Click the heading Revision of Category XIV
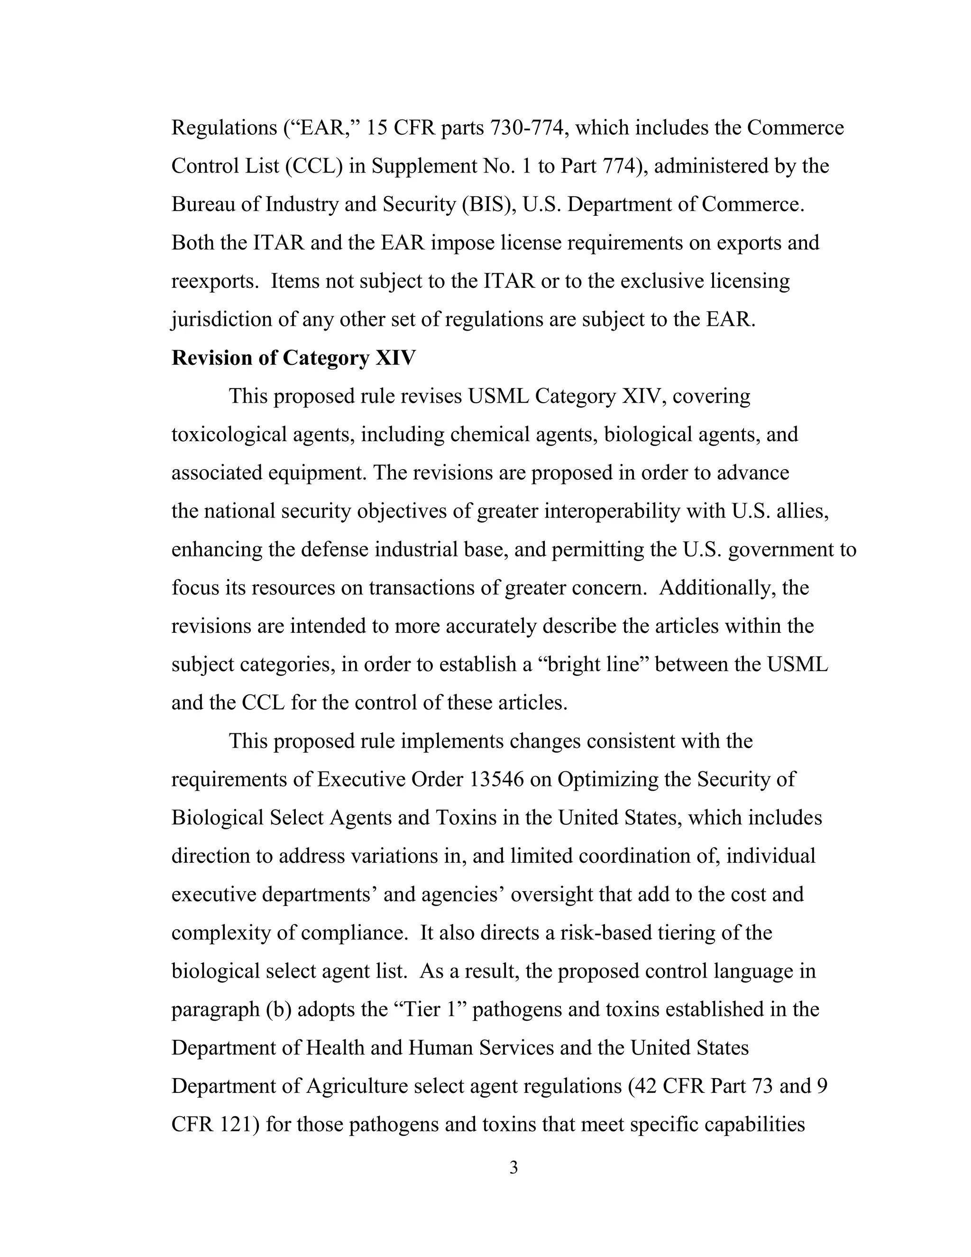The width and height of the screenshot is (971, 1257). point(293,358)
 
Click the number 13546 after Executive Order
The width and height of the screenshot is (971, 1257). point(496,779)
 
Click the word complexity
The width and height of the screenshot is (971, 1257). point(221,933)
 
